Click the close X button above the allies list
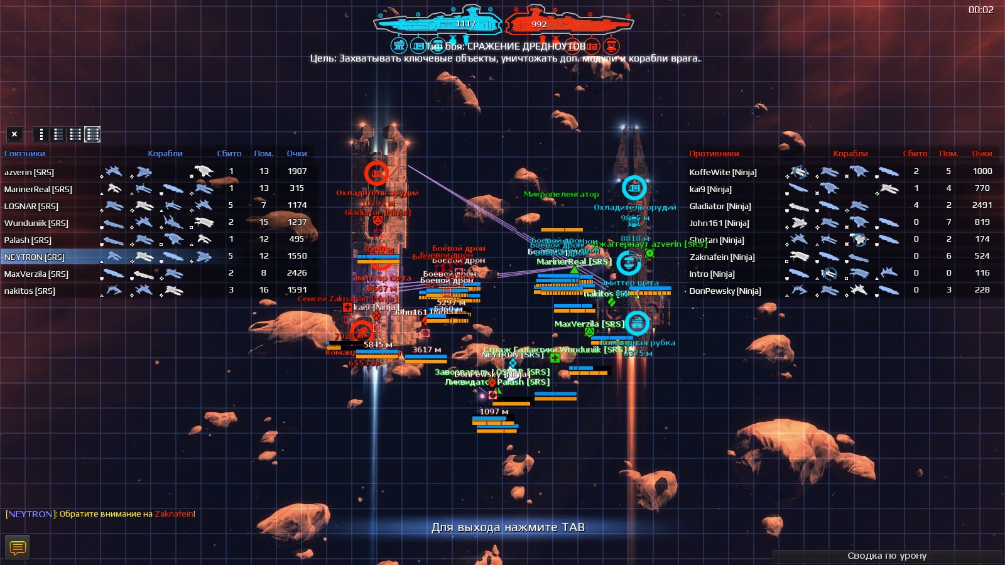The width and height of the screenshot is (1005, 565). click(14, 134)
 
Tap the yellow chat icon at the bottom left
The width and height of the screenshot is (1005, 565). click(18, 547)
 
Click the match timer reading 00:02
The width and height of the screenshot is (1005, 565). click(981, 10)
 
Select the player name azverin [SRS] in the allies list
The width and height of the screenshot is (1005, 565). click(29, 172)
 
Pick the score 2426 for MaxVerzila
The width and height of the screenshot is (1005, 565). click(296, 273)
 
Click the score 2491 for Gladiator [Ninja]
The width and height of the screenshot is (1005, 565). click(982, 205)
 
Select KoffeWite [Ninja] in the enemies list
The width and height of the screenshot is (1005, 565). click(722, 172)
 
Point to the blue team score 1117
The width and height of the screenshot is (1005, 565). click(465, 24)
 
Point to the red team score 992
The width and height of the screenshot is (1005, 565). click(539, 24)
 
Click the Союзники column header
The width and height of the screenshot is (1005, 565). click(24, 153)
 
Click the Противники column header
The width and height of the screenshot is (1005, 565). click(714, 153)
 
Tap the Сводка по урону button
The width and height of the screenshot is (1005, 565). click(886, 556)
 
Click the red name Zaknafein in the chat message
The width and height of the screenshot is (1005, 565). click(174, 514)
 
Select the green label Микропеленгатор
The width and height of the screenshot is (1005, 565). click(561, 195)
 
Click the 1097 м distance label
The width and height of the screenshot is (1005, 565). click(494, 412)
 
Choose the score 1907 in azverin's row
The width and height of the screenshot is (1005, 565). click(296, 171)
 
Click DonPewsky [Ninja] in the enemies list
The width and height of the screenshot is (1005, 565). click(725, 291)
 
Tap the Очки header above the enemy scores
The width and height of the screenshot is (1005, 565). click(982, 153)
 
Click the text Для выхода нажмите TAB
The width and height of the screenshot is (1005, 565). click(508, 527)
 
